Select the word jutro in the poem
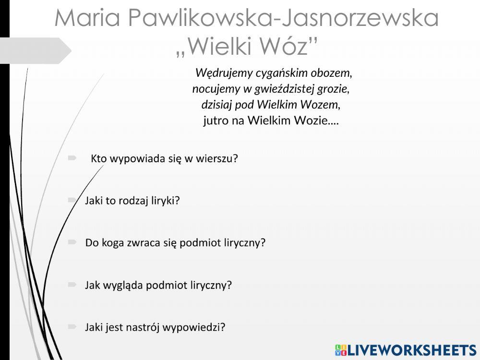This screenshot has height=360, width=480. click(x=214, y=120)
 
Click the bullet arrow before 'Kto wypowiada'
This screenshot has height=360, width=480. click(x=72, y=157)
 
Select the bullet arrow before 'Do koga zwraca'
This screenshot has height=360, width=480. click(x=72, y=242)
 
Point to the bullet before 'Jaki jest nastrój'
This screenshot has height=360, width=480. click(x=72, y=326)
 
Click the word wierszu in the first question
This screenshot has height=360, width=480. click(x=217, y=158)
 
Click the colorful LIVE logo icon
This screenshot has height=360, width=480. click(x=340, y=349)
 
